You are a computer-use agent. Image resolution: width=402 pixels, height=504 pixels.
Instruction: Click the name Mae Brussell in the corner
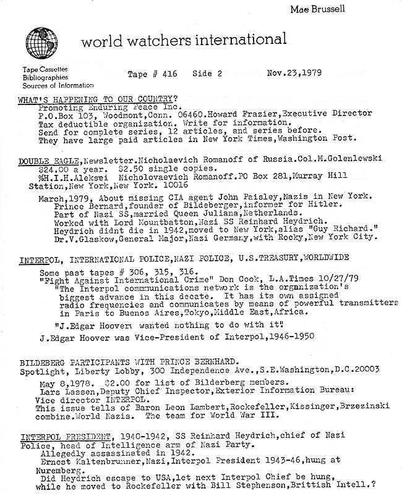pyautogui.click(x=314, y=10)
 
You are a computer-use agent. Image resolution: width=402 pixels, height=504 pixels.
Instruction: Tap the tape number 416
pyautogui.click(x=167, y=74)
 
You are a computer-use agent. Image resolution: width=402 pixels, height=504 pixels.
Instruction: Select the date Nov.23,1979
pyautogui.click(x=296, y=73)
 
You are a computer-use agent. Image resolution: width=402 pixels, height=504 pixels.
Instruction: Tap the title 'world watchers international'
pyautogui.click(x=184, y=41)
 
